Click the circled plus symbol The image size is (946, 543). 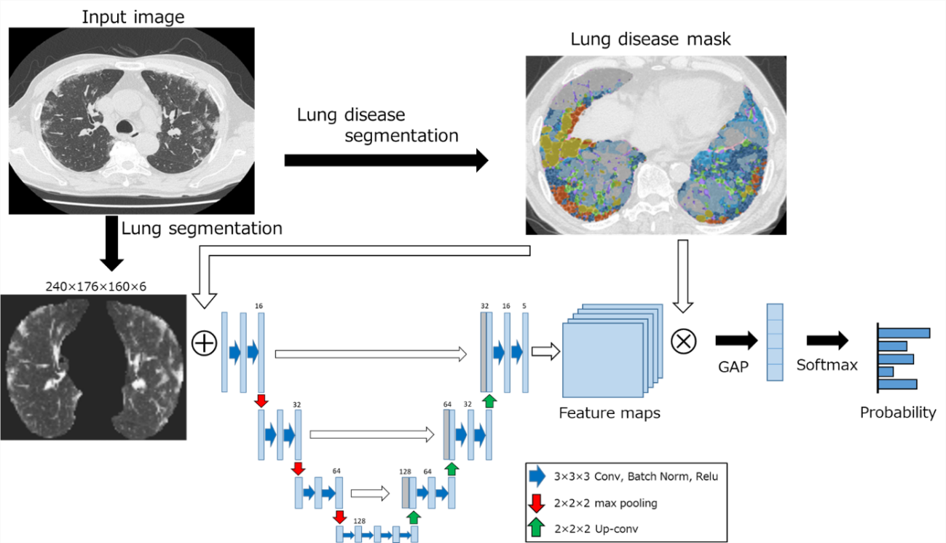204,343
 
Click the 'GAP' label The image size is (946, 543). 733,367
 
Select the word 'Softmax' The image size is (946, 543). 827,364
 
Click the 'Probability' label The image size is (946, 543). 898,413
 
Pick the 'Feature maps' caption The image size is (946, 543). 610,413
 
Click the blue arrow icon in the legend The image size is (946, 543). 537,477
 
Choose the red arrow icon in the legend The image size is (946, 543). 537,502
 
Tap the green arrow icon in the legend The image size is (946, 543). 537,527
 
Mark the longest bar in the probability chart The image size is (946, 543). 904,333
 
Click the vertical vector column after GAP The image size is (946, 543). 773,342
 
